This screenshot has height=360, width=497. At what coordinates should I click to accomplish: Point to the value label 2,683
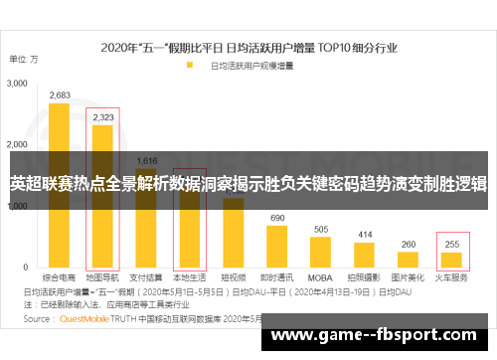59,95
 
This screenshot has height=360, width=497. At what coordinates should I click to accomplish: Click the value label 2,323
102,117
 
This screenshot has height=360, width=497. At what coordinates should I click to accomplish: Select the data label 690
277,218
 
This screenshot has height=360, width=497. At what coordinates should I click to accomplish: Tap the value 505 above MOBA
321,229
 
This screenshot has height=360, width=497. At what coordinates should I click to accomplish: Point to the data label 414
365,235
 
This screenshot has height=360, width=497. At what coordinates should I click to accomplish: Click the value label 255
452,245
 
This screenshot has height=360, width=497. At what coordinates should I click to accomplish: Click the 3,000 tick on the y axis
18,85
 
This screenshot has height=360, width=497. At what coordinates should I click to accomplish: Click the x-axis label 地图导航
102,278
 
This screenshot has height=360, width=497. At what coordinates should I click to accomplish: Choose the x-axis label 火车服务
452,278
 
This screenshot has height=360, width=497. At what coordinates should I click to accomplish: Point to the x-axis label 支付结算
146,278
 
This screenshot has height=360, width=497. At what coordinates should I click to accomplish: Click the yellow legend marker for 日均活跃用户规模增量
188,67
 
